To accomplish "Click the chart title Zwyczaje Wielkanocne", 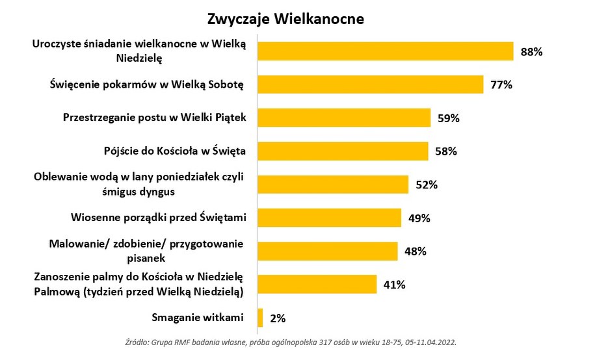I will coord(285,19).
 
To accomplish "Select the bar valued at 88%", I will coord(386,51).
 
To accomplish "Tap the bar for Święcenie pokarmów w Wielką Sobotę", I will coord(371,84).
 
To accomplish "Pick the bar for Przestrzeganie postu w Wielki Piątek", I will coord(345,118).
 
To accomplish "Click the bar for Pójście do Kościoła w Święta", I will coord(343,151).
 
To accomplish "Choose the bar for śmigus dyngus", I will coord(333,184).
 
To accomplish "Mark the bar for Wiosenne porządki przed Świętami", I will coord(330,218).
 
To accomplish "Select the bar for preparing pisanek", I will coord(328,251).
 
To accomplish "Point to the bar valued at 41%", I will coord(317,284).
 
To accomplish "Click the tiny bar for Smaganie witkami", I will coord(260,318).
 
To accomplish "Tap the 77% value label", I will coord(502,84).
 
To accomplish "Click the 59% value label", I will coord(449,118).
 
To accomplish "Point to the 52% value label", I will coord(427,185).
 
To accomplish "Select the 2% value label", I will coord(277,318).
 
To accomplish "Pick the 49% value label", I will coord(419,218).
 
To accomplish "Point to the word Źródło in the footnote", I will coord(135,342).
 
